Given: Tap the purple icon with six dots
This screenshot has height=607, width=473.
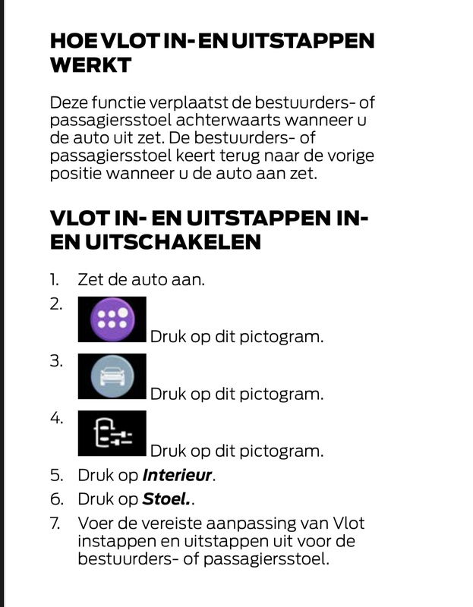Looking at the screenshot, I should click(112, 319).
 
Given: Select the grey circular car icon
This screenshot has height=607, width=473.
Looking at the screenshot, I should click(112, 376).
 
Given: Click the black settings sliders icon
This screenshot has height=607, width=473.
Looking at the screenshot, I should click(112, 434).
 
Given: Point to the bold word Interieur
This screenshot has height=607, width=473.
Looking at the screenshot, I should click(178, 476).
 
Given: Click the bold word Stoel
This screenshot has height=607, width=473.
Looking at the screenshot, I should click(166, 500).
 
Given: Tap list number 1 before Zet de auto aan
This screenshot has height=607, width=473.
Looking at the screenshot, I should click(55, 279).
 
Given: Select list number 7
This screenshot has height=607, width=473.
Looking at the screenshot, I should click(55, 524).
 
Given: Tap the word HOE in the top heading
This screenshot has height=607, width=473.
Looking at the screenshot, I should click(73, 41).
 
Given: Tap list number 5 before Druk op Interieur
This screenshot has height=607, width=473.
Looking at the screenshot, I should click(55, 476).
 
